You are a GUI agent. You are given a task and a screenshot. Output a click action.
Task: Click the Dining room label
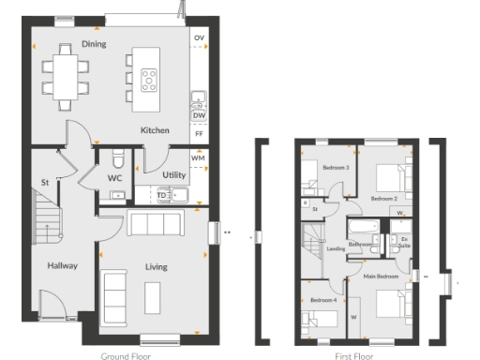tap(93, 44)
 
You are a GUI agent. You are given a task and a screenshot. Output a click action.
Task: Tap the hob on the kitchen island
tap(149, 80)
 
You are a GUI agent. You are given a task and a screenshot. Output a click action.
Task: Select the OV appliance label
tap(199, 38)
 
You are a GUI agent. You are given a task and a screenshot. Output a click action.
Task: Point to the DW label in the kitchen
tap(199, 115)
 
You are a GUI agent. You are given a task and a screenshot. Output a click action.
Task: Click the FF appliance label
tap(199, 134)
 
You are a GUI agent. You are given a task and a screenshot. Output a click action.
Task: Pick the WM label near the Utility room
tap(198, 159)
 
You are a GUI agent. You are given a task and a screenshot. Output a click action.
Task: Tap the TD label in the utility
tap(161, 195)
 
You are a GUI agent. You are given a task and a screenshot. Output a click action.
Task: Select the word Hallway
tap(62, 266)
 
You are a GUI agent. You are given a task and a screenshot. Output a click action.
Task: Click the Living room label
tap(156, 267)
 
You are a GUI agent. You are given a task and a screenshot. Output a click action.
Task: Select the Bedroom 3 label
tap(336, 167)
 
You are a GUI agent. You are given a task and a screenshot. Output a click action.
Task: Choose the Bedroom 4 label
tap(323, 300)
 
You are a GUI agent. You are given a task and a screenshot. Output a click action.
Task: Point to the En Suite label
tap(405, 243)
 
